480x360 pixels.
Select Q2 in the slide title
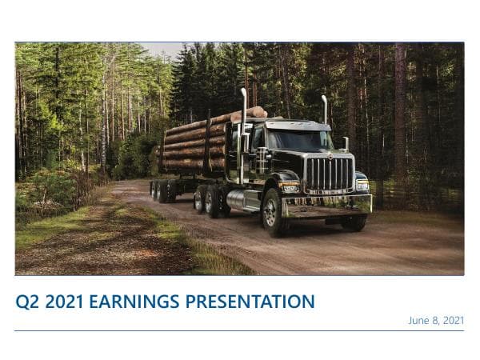[26, 302]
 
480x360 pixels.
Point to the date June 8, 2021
[436, 320]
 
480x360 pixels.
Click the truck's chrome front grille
[328, 174]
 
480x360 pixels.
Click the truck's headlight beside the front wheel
[289, 187]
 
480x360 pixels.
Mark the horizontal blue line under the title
[240, 330]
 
